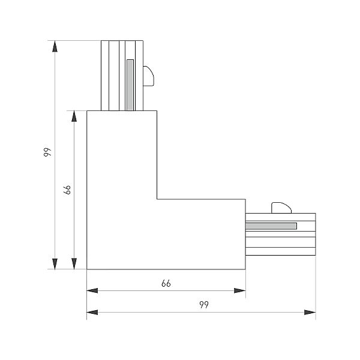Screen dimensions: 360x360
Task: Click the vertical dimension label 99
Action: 47,152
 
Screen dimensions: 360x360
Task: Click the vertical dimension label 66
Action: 67,190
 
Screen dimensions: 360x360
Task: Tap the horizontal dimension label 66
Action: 166,284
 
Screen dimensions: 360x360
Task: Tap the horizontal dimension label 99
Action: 204,305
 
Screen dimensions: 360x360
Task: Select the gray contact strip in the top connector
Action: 130,85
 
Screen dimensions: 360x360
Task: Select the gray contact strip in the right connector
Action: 271,226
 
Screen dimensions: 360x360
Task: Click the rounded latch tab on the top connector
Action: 148,76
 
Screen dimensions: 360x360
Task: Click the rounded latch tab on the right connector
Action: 281,208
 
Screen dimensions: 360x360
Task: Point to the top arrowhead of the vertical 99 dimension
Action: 55,46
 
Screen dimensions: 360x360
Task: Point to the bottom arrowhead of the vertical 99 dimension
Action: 55,264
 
